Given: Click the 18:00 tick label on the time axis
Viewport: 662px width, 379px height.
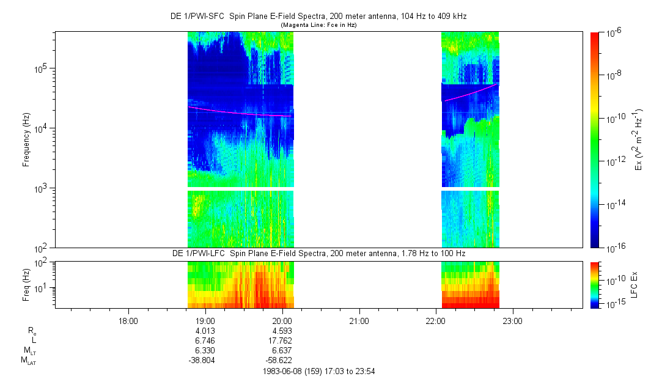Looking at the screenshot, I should point(128,320).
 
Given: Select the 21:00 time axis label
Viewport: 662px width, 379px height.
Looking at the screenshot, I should point(359,320).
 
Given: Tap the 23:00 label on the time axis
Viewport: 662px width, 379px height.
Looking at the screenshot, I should point(512,320).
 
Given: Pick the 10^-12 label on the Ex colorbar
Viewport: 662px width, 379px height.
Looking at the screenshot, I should point(613,161).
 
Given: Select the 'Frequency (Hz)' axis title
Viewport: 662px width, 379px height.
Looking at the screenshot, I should point(26,140).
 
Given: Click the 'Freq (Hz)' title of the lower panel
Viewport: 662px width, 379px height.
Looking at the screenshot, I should point(26,284).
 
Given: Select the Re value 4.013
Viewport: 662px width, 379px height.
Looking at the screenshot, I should point(205,331).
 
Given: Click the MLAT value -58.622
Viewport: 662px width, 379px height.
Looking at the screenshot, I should point(280,360).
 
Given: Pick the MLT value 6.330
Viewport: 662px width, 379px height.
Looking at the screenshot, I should point(205,350).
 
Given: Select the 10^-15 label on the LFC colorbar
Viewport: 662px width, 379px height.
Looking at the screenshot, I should point(613,304).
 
